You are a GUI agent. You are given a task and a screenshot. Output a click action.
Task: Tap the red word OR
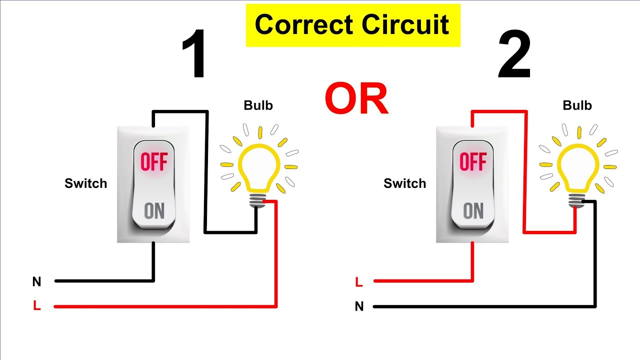(x=356, y=98)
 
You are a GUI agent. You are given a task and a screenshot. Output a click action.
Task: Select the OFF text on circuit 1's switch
(x=154, y=162)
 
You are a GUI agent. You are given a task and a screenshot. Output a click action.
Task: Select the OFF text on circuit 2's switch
(x=473, y=162)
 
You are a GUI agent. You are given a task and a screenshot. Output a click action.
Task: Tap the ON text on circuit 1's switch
(x=154, y=211)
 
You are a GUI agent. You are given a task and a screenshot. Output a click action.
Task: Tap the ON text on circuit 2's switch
(x=473, y=211)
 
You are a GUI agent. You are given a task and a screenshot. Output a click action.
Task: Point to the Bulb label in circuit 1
(x=258, y=105)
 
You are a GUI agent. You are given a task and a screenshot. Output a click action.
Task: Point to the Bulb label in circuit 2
(x=577, y=105)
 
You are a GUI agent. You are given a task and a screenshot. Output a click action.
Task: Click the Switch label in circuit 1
(x=86, y=183)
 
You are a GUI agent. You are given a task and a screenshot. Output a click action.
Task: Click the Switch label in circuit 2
(x=405, y=183)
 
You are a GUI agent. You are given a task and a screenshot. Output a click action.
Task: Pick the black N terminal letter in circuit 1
(x=36, y=282)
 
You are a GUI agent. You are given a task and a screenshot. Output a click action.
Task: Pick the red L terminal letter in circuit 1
(x=36, y=306)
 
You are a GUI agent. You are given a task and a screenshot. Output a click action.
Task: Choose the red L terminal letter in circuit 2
(x=358, y=282)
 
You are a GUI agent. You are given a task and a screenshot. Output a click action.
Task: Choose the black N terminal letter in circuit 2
(x=359, y=306)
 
